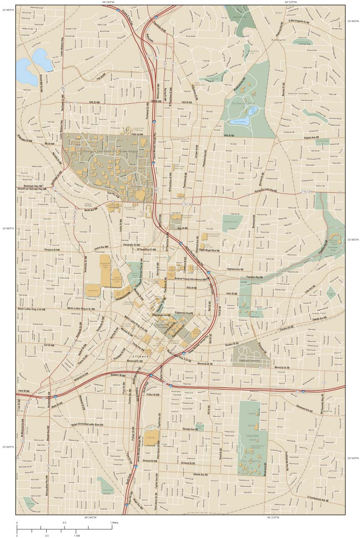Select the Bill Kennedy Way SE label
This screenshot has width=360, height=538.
tap(322, 404)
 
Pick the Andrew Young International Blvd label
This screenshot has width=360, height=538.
tap(191, 278)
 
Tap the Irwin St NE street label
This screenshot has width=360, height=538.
tap(232, 294)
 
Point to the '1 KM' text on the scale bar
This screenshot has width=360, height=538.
tap(77, 536)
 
